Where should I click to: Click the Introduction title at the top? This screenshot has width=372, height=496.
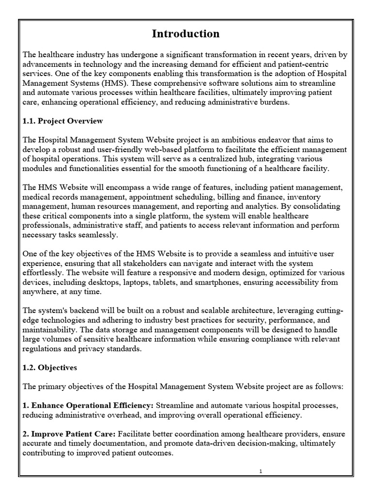point(186,33)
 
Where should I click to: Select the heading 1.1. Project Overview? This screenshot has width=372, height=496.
point(62,121)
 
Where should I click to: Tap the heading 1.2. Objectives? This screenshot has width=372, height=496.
point(50,368)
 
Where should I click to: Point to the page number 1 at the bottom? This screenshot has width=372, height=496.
point(261,471)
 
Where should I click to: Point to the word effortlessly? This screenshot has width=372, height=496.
point(45,272)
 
